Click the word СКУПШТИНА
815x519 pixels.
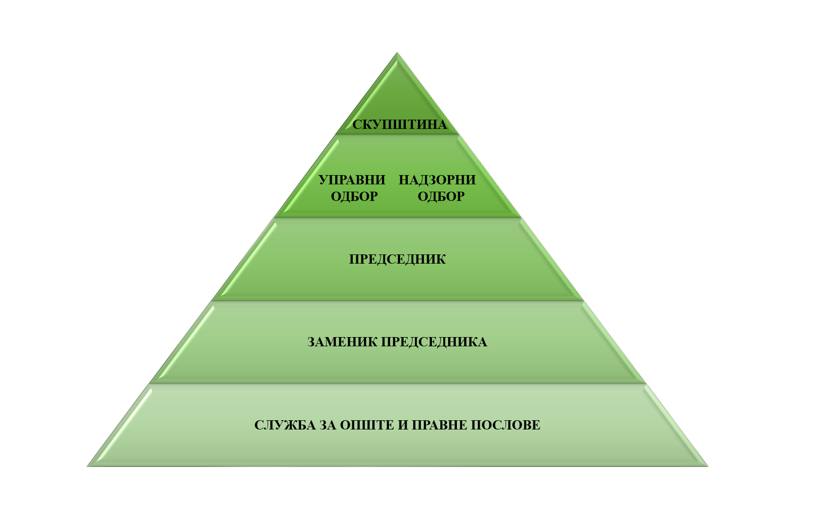399,125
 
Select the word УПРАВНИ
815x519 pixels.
352,180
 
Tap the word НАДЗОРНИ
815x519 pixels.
437,180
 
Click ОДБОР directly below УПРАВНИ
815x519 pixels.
354,197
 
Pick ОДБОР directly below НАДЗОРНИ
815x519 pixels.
441,197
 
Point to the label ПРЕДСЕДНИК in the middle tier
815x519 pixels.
397,259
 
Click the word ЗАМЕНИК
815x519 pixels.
342,342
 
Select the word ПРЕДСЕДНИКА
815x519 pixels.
434,342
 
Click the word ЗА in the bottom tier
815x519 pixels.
328,425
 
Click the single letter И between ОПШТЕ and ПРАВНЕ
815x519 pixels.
403,425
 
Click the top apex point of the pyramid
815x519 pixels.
398,53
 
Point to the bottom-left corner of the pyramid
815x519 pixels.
88,466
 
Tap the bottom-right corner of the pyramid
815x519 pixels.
707,466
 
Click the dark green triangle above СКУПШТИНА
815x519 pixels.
398,92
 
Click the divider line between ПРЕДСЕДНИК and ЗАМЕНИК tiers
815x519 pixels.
397,301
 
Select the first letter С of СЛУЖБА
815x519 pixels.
258,425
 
